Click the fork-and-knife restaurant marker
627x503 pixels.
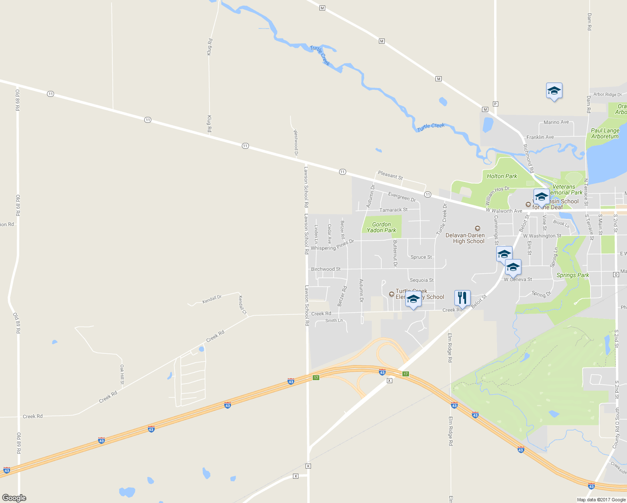click(462, 298)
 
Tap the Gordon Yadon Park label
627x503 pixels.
click(381, 227)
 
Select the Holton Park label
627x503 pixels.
click(502, 176)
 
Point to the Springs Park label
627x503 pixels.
click(573, 275)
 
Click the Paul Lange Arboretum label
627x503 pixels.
click(605, 133)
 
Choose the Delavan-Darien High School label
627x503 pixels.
click(465, 238)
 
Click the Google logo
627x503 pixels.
click(14, 498)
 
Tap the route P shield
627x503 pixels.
click(495, 104)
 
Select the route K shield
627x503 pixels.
click(308, 466)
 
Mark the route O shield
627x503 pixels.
click(616, 274)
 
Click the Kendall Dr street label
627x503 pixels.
click(212, 299)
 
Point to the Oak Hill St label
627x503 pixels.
click(122, 374)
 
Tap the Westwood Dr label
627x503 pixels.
click(295, 143)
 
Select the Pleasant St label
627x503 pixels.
click(390, 175)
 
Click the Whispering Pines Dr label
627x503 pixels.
click(332, 245)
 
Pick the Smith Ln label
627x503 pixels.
click(334, 321)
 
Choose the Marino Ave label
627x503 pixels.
click(556, 122)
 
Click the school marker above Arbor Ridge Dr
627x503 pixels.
click(554, 91)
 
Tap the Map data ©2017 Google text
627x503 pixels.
click(601, 499)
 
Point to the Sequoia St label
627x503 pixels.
click(422, 280)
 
